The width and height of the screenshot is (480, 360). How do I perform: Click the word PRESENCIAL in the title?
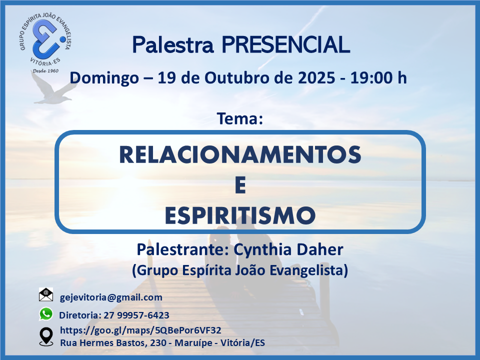285,45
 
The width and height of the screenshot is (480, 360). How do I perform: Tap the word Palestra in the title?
172,45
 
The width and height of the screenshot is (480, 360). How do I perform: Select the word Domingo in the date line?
104,78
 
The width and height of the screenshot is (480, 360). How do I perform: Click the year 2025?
316,78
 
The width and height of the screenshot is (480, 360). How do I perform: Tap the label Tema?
240,118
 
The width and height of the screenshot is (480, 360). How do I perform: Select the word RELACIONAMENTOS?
240,154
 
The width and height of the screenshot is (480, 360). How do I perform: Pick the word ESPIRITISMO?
240,216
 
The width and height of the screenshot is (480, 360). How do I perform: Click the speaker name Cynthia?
260,250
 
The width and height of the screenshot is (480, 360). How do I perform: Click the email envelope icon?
46,294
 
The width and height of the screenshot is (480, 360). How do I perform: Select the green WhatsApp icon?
46,314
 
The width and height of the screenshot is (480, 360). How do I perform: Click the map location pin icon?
46,336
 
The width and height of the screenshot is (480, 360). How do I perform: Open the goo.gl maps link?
140,330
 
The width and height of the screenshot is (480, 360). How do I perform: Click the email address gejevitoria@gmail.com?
111,297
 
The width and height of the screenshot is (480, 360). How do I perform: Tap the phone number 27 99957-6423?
136,315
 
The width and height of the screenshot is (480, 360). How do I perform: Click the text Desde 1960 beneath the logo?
45,70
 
